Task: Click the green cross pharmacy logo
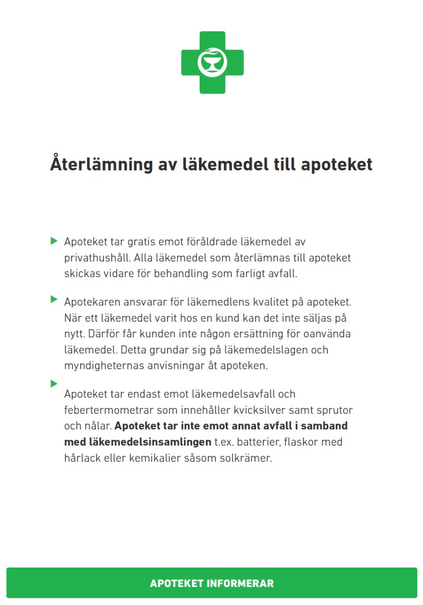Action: coord(212,63)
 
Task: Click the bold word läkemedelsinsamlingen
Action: coord(138,442)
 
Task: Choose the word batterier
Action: coord(258,442)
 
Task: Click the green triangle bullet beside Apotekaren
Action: coord(54,299)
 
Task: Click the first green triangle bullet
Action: coord(54,241)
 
